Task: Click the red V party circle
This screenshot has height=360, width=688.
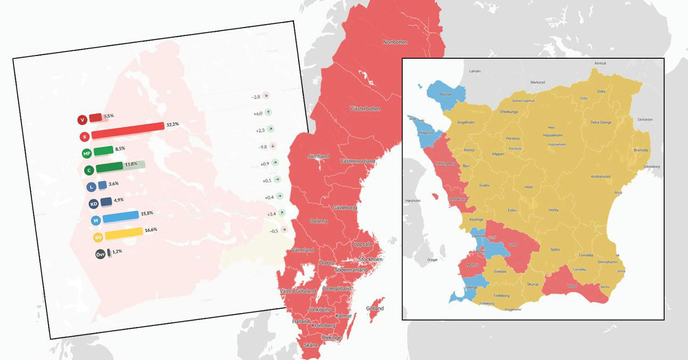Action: [82, 120]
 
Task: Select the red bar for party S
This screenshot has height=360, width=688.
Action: [128, 131]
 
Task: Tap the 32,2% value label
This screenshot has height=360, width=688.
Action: [173, 125]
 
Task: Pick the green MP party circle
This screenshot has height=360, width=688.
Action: [86, 154]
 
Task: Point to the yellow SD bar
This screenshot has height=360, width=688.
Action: [123, 234]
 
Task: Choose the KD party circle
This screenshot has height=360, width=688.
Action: [94, 204]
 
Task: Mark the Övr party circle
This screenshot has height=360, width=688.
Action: [100, 254]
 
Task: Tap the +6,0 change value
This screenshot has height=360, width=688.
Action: [257, 113]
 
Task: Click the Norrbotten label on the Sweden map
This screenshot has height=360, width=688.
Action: [395, 42]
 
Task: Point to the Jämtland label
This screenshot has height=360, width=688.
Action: [318, 157]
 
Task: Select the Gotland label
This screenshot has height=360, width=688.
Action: [374, 309]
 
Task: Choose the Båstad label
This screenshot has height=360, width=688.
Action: [446, 94]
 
